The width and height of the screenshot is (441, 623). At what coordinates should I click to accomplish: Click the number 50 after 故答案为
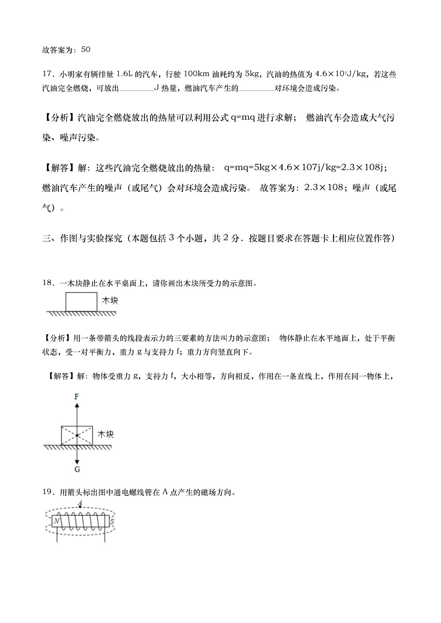tap(86, 49)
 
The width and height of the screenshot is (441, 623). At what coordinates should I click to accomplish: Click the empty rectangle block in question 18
tap(81, 301)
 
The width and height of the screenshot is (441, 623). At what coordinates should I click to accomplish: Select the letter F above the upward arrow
tap(77, 397)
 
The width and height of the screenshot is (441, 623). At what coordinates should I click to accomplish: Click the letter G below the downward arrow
tap(77, 470)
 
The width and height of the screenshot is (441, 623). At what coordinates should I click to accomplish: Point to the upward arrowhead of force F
tap(77, 405)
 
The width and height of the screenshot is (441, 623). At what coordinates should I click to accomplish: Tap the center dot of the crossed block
tap(77, 435)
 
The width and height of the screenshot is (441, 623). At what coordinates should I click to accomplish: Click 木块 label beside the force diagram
tap(105, 434)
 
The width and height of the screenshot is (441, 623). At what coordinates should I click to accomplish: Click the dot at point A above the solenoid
tap(80, 507)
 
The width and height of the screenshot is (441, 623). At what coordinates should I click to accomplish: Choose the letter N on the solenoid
tap(57, 521)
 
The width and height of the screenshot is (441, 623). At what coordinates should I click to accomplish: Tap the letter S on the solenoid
tap(112, 521)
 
